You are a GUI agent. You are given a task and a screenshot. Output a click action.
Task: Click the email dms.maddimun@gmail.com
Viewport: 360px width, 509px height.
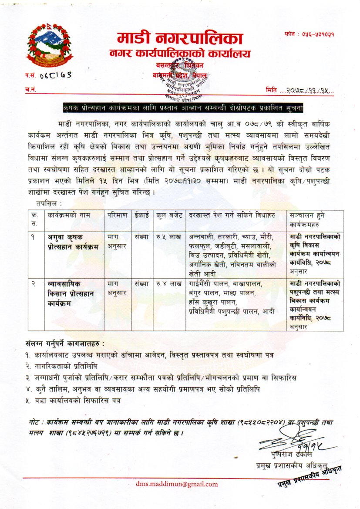[177, 484]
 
